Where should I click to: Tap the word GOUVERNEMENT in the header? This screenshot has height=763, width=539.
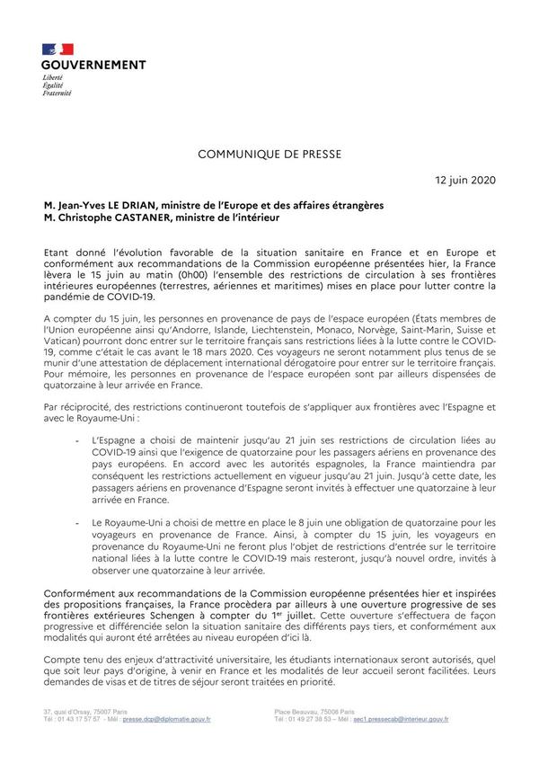click(93, 65)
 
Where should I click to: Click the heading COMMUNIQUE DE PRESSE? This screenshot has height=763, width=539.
click(269, 155)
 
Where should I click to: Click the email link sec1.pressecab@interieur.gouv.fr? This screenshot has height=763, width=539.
click(401, 720)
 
